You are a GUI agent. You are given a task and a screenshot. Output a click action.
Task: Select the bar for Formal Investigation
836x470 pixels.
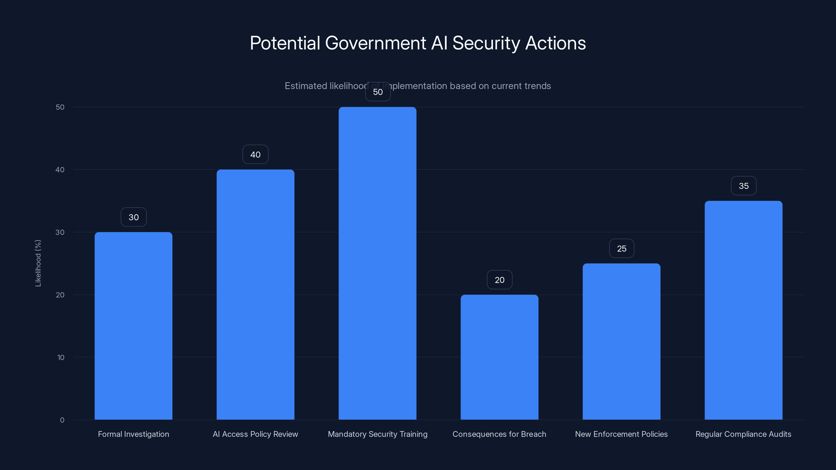pyautogui.click(x=133, y=326)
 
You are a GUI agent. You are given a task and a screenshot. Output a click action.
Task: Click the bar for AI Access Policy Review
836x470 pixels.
pyautogui.click(x=256, y=295)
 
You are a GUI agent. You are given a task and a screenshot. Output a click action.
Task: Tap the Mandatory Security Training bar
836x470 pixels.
pyautogui.click(x=378, y=263)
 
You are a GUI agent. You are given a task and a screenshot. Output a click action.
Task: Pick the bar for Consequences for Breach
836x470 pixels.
pyautogui.click(x=500, y=357)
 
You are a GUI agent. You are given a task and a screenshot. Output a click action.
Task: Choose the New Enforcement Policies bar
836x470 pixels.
pyautogui.click(x=622, y=342)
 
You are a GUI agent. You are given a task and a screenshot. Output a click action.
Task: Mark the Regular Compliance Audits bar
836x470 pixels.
pyautogui.click(x=744, y=310)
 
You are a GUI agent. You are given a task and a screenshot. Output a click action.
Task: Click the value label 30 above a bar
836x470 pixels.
pyautogui.click(x=133, y=217)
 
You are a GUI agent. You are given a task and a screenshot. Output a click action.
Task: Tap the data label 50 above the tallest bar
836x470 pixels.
pyautogui.click(x=378, y=92)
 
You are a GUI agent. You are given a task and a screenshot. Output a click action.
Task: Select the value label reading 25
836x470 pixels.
pyautogui.click(x=622, y=249)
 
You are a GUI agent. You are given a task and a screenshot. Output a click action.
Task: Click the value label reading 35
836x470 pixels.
pyautogui.click(x=744, y=186)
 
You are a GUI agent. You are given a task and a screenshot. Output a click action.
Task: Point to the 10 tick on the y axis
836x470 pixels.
pyautogui.click(x=61, y=357)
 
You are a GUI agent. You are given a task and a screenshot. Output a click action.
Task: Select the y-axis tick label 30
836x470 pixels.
pyautogui.click(x=60, y=232)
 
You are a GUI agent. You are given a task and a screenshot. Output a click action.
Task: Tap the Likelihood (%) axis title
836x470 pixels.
pyautogui.click(x=38, y=263)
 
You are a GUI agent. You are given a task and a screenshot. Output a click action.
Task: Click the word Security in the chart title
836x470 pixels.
pyautogui.click(x=486, y=43)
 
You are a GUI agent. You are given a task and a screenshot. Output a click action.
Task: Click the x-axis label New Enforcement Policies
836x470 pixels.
pyautogui.click(x=621, y=434)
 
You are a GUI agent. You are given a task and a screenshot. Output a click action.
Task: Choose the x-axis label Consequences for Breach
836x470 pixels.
pyautogui.click(x=499, y=434)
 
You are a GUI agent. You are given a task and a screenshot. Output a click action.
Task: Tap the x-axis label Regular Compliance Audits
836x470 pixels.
pyautogui.click(x=743, y=434)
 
